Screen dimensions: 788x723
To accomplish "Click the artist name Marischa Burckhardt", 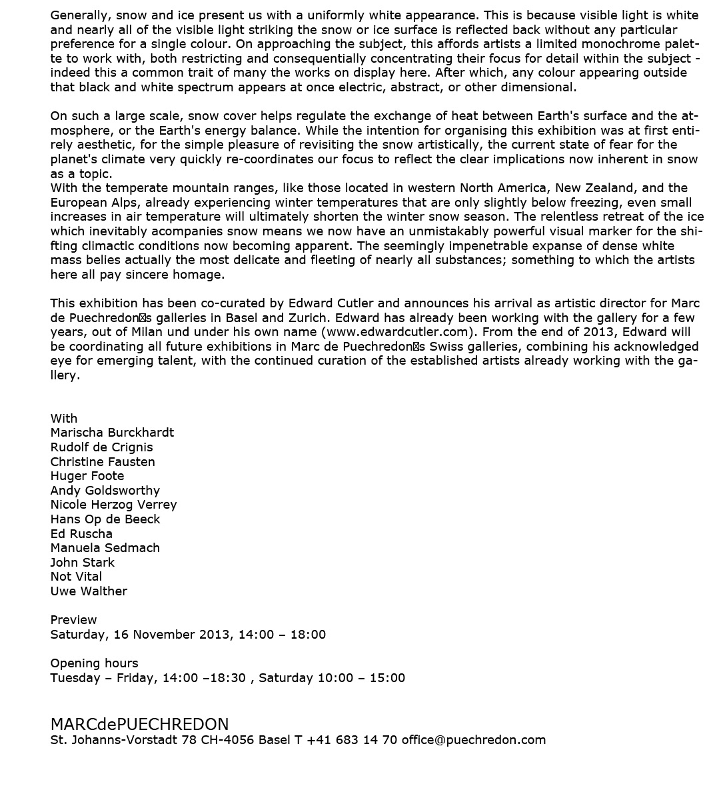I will tap(112, 433).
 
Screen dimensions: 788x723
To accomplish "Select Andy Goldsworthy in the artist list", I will tap(105, 491).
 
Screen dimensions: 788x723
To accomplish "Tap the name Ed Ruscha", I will tap(81, 534).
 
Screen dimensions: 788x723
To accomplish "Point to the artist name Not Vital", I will tap(76, 577).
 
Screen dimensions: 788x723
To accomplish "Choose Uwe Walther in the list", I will tap(89, 591).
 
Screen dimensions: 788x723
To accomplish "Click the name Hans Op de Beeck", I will tap(105, 519).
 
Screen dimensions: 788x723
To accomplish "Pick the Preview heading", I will tap(73, 620).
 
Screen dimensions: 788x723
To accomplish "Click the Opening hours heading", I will tap(94, 663).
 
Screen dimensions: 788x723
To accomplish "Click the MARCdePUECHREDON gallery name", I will tap(139, 725).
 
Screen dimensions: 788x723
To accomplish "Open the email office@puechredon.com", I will tap(473, 740).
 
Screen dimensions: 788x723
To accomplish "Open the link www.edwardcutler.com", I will tap(398, 332).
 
